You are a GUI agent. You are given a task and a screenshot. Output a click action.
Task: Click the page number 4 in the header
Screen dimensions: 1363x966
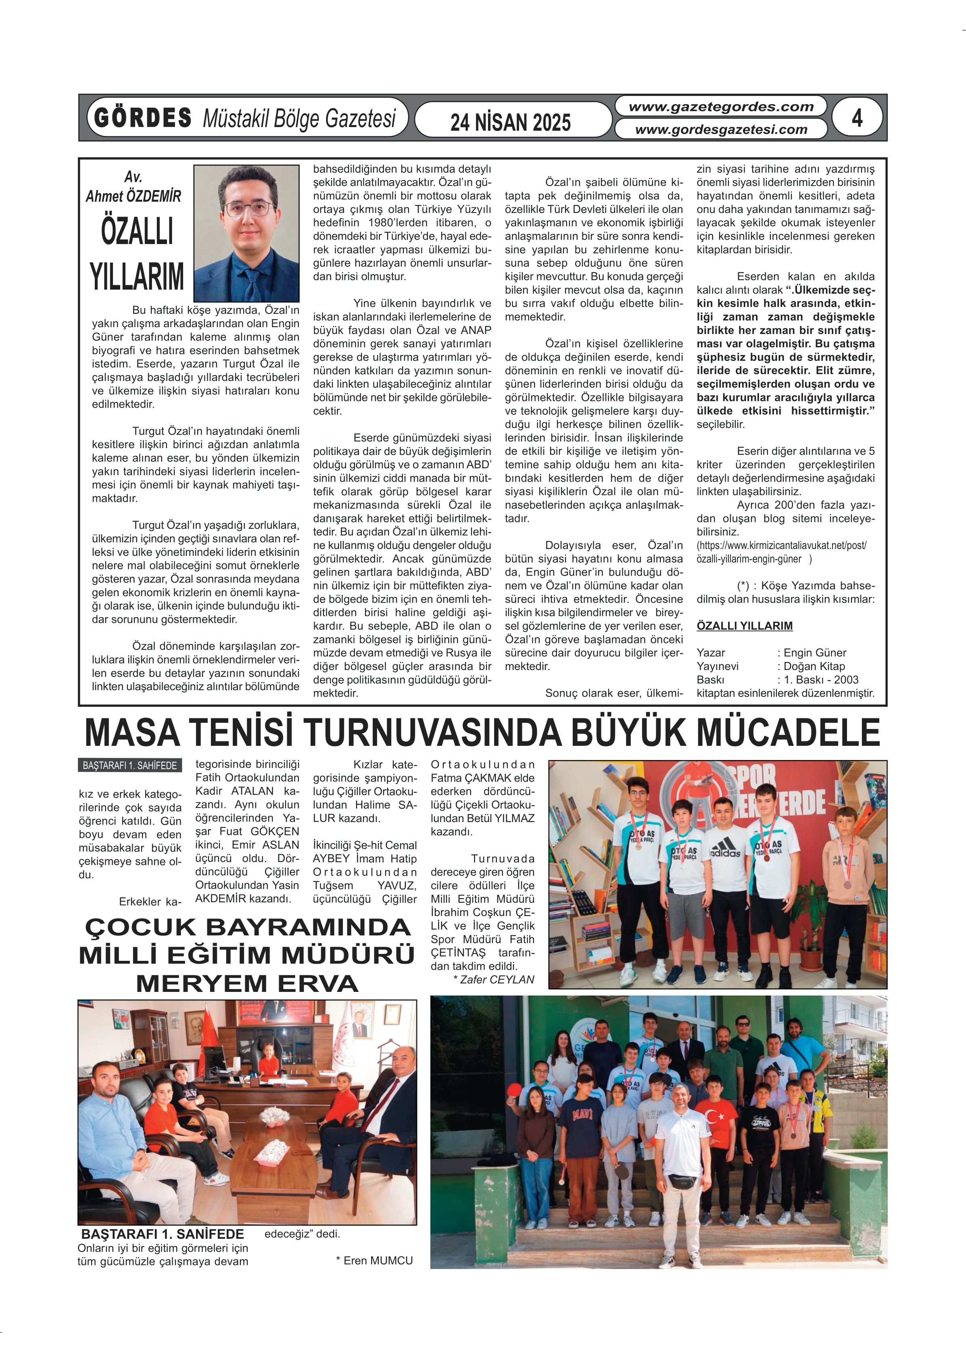click(x=857, y=118)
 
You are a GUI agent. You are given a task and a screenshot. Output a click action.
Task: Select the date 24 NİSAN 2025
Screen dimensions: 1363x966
click(x=510, y=122)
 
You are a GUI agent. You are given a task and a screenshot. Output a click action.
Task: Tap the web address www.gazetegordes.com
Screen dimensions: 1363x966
click(x=721, y=107)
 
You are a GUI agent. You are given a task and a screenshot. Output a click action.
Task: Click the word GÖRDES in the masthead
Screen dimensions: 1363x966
click(x=143, y=118)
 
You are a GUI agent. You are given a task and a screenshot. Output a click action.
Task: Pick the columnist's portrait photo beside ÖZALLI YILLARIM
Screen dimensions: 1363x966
click(x=246, y=233)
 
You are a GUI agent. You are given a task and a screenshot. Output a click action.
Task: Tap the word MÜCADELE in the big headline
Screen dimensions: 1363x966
click(x=788, y=733)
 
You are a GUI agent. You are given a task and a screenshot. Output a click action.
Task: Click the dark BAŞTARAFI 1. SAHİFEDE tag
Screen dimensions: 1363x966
click(x=129, y=766)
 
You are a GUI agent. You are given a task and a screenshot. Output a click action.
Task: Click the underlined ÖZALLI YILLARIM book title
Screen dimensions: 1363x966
click(x=744, y=626)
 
